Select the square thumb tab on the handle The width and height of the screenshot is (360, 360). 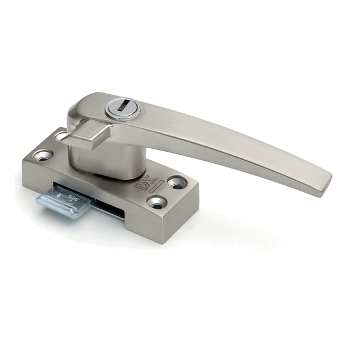[88, 135]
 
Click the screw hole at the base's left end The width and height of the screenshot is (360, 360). [43, 155]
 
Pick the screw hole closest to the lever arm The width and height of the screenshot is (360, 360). [177, 182]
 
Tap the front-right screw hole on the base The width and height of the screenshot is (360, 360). [157, 203]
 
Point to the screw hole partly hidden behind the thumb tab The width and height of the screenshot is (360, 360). [62, 137]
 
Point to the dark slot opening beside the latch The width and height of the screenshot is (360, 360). [108, 209]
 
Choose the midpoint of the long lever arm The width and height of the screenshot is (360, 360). [228, 144]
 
